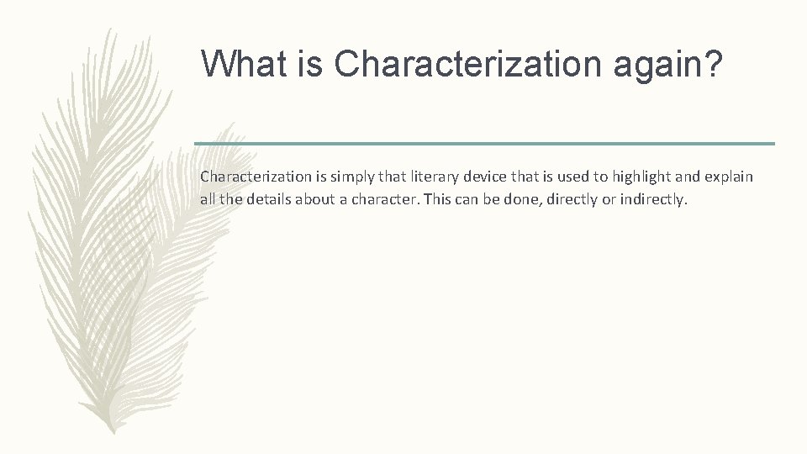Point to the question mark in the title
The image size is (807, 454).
pos(714,65)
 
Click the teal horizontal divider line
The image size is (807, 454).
pos(484,144)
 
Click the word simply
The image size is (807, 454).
pos(337,178)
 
